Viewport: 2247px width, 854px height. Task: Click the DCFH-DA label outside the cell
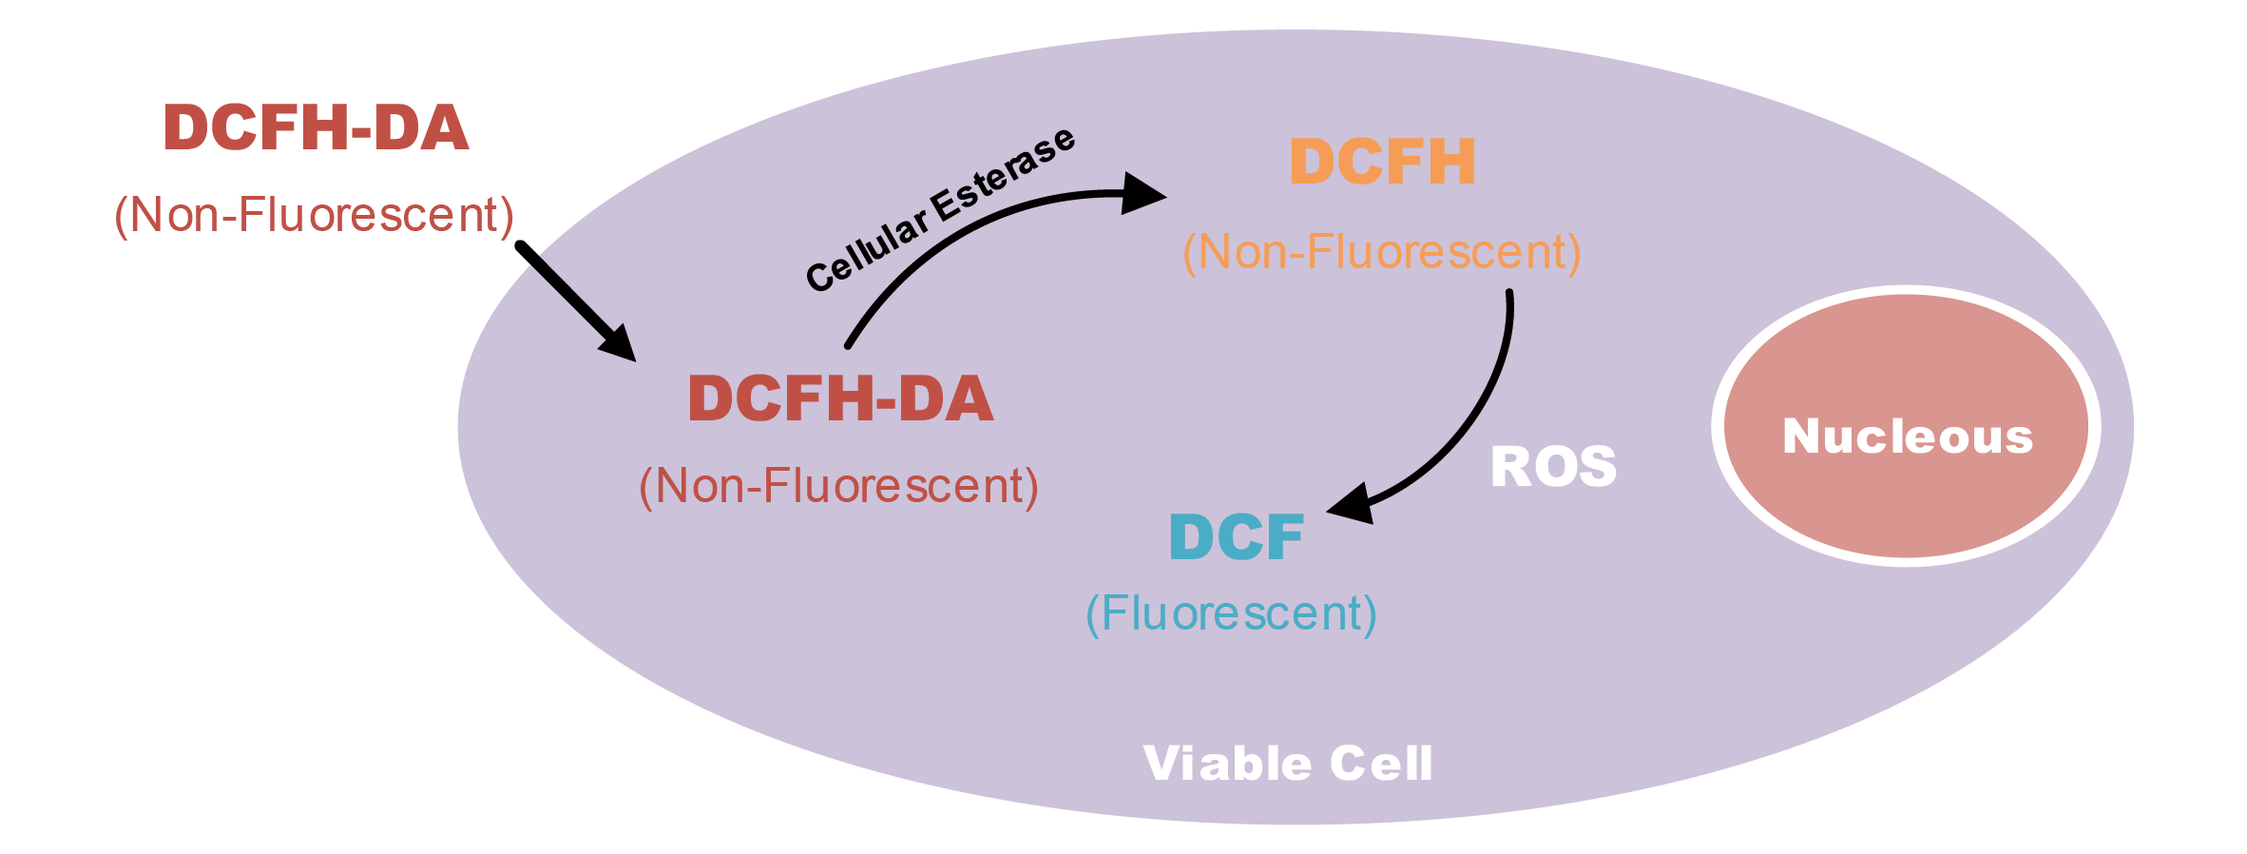click(x=316, y=127)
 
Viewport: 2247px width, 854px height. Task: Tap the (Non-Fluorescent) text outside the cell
click(x=314, y=215)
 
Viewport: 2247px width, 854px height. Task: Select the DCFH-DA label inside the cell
click(x=840, y=398)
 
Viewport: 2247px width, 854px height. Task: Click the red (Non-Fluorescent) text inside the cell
click(x=838, y=486)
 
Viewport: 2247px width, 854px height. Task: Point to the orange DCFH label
click(x=1382, y=162)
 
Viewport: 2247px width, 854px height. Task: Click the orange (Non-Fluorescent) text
click(x=1381, y=253)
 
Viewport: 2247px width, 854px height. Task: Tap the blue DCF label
click(x=1236, y=537)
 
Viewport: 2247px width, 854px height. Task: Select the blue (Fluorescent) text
click(x=1231, y=613)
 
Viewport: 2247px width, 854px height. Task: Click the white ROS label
click(x=1553, y=467)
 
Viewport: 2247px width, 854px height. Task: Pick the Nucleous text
click(x=1907, y=437)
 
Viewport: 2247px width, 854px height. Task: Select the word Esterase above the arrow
click(x=1003, y=175)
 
